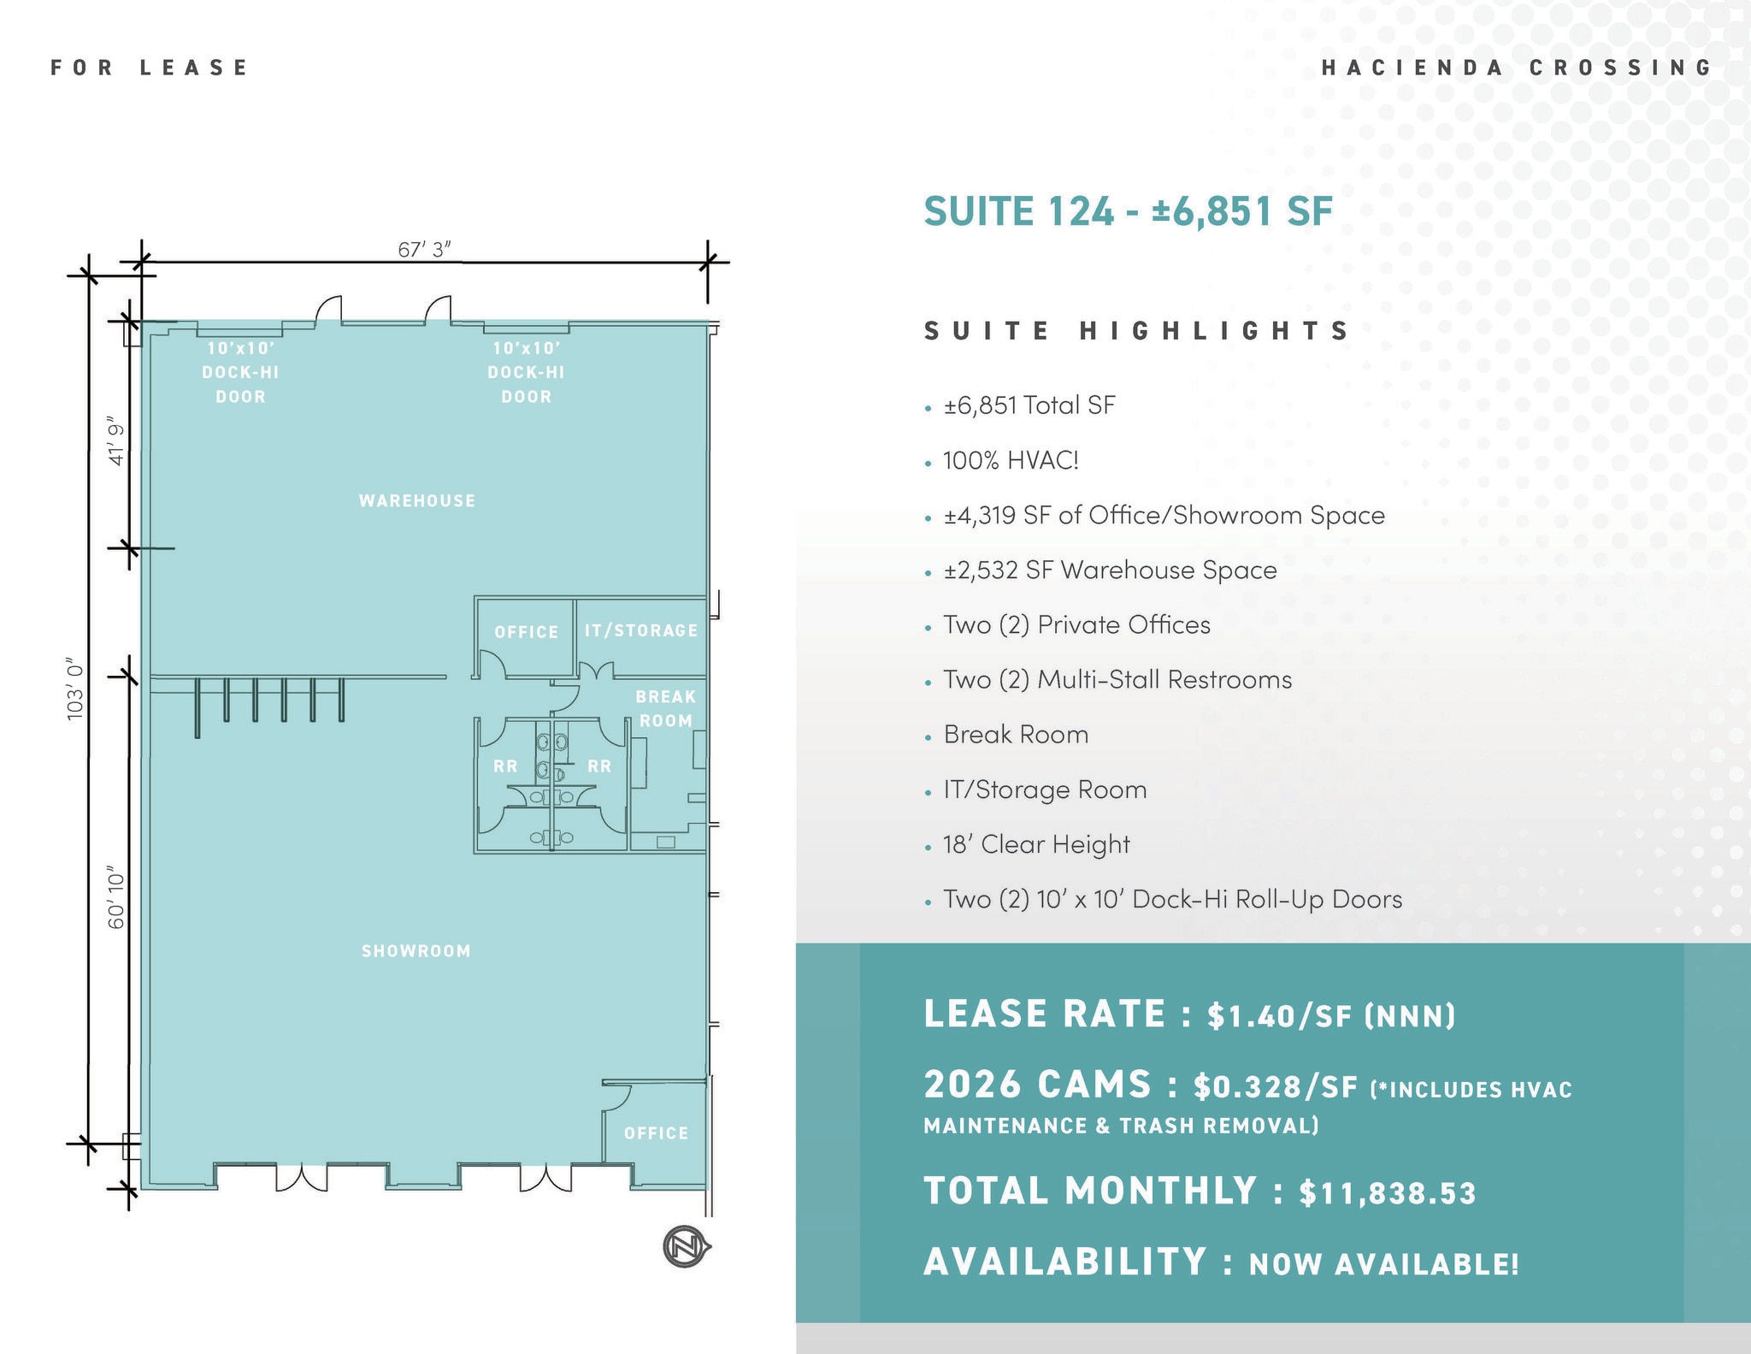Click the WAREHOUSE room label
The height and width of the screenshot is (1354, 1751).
[x=416, y=500]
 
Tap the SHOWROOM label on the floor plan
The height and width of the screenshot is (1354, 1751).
[x=416, y=951]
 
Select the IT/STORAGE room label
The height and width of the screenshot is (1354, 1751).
[x=641, y=630]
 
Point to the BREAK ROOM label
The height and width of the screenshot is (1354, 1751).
[x=665, y=708]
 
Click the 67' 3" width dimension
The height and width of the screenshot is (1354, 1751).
[x=424, y=249]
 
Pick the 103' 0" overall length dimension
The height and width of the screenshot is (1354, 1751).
[x=76, y=689]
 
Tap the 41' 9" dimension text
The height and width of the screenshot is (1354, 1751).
[x=116, y=440]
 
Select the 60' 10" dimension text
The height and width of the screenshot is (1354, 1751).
[x=116, y=900]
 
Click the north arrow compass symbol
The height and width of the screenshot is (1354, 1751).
[x=686, y=1246]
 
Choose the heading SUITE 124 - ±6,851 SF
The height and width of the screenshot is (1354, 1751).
[x=1128, y=210]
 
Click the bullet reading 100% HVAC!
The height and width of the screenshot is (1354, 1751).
[x=1011, y=460]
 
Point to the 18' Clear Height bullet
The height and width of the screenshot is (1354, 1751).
[x=1036, y=844]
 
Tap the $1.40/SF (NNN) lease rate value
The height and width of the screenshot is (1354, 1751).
[x=1330, y=1015]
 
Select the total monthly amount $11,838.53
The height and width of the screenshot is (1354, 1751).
[x=1387, y=1192]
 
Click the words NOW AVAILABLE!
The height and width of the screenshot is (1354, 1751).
[x=1383, y=1263]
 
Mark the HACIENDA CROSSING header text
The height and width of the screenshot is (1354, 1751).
[x=1517, y=68]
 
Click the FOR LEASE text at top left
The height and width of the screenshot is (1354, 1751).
[x=150, y=68]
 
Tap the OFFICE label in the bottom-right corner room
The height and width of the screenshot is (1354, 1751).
[x=656, y=1133]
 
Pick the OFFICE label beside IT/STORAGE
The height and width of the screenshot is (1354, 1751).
[x=526, y=632]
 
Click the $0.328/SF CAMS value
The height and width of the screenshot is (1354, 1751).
[x=1276, y=1086]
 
